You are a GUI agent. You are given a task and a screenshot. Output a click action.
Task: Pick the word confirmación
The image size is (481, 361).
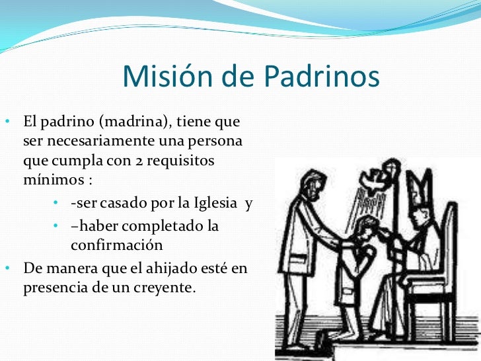click(116, 245)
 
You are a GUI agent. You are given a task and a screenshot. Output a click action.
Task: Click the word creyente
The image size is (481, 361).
click(165, 288)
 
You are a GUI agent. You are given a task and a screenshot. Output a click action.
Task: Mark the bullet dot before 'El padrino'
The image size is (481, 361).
click(6, 123)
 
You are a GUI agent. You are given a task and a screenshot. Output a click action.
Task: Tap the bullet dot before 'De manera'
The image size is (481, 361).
click(6, 268)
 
